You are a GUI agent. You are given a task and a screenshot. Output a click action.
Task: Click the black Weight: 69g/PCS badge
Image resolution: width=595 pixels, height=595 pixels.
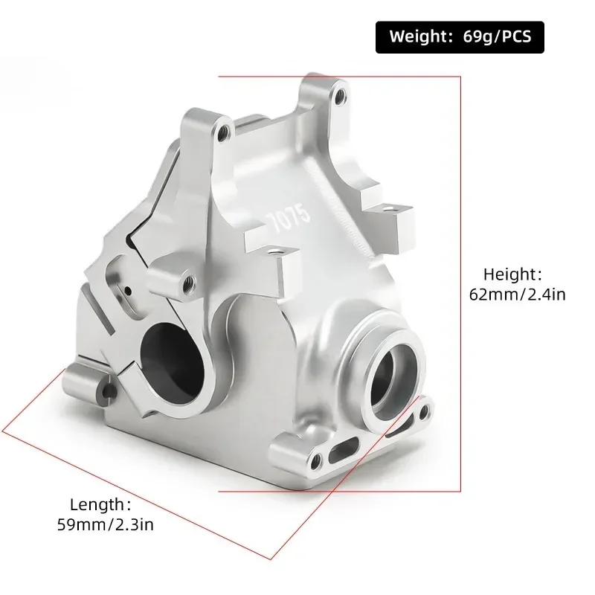click(459, 36)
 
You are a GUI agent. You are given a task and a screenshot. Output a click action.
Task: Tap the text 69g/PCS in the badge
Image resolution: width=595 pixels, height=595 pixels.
click(501, 36)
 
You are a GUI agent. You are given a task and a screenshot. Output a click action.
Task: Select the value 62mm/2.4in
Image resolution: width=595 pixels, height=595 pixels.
click(518, 295)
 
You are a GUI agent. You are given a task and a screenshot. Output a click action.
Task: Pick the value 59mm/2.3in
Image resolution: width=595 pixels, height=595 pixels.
click(106, 524)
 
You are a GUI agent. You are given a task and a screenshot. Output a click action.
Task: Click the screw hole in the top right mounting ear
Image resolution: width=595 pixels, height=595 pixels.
click(339, 96)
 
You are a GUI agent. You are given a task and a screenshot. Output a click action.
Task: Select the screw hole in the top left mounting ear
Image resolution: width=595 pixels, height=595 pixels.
click(223, 132)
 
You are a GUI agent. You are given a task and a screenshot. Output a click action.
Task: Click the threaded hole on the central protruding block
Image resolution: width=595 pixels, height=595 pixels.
click(189, 281)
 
